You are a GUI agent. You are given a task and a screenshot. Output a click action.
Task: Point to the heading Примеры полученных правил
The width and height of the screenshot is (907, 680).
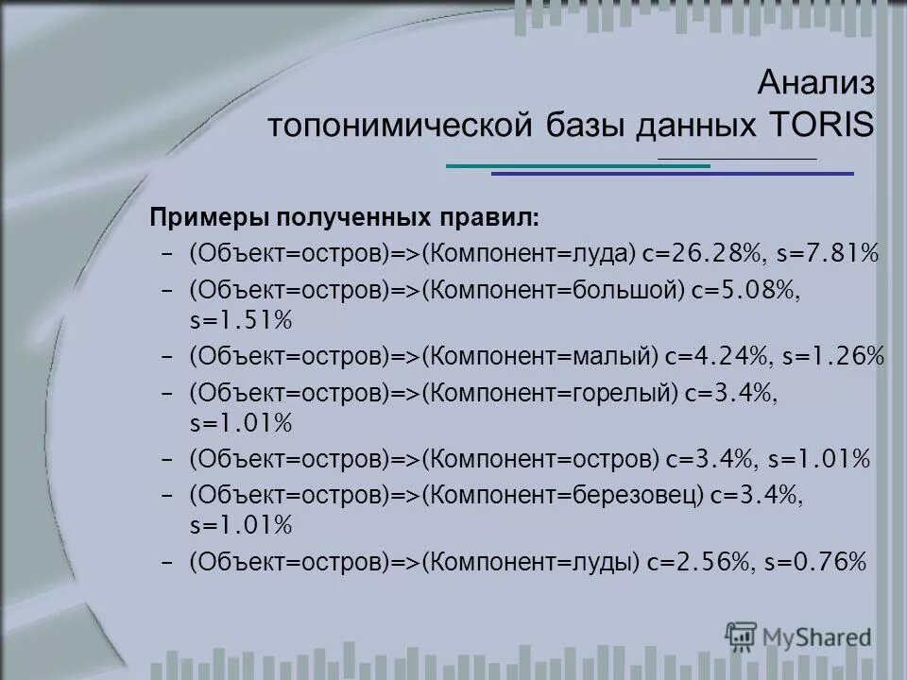[x=344, y=218]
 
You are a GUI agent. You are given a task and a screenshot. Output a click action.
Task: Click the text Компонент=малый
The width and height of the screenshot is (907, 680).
[x=539, y=356]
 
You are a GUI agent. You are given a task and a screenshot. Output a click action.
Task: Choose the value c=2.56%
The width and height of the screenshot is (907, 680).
[x=700, y=562]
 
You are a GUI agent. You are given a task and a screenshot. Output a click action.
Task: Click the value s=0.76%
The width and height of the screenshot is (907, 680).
[x=816, y=562]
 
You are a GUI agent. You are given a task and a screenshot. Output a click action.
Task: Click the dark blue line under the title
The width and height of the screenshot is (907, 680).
[x=672, y=174]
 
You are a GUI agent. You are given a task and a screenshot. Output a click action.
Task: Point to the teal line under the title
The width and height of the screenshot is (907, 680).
[x=577, y=166]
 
